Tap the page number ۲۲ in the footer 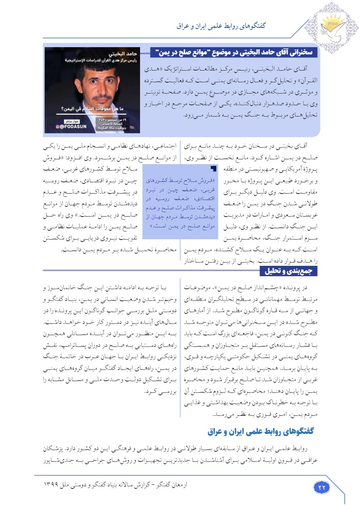point(322,487)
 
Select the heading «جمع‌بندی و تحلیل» point(290,271)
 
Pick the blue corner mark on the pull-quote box point(214,168)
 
